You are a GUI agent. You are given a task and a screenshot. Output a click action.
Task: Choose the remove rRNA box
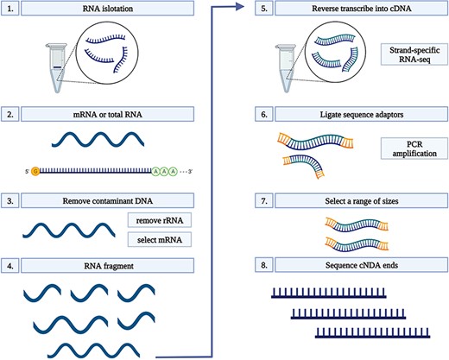tap(161, 220)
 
